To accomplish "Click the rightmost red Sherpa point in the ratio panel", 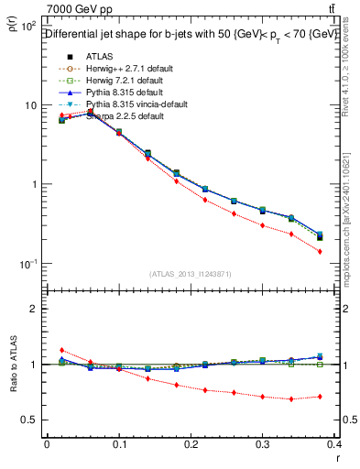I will coord(320,397).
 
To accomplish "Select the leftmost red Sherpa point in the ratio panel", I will coord(61,350).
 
